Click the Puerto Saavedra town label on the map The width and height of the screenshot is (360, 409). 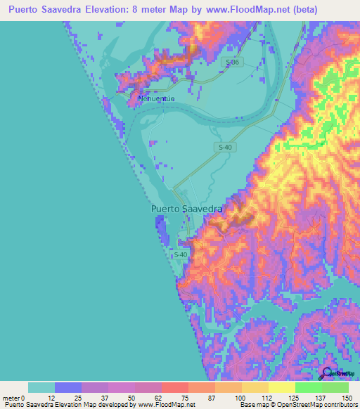[x=187, y=209]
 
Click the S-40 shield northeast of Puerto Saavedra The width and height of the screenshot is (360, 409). [x=224, y=146]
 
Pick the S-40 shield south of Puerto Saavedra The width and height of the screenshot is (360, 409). [x=181, y=254]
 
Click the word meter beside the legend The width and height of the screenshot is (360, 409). [x=13, y=397]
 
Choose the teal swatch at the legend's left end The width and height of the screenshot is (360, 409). [x=41, y=387]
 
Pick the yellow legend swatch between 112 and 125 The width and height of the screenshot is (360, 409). [x=282, y=387]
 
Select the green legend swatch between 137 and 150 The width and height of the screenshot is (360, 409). [x=335, y=387]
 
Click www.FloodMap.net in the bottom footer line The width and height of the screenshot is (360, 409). [x=162, y=405]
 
